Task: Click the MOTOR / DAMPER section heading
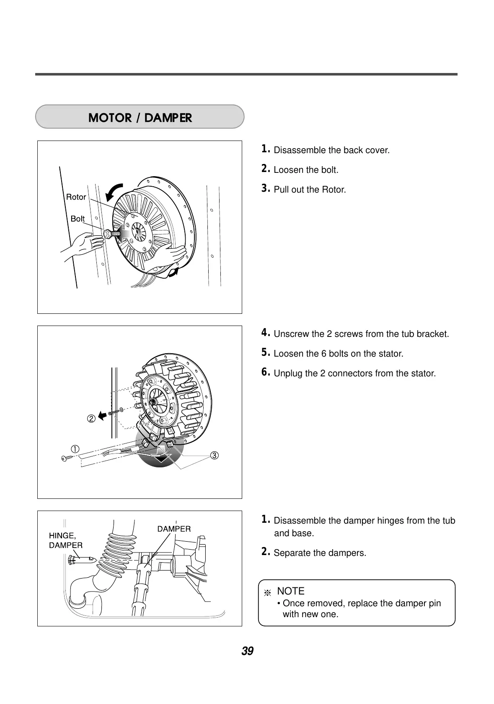click(140, 118)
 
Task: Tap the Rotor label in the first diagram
click(76, 197)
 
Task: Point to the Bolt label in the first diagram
click(78, 219)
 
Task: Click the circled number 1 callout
click(75, 449)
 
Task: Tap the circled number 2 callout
click(91, 418)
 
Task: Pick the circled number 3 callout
click(214, 455)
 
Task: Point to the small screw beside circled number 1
click(66, 459)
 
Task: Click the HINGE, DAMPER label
click(66, 540)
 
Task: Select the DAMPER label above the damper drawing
click(174, 529)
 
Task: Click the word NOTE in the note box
click(290, 591)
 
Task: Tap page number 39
click(247, 651)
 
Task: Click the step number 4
click(265, 333)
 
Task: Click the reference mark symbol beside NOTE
click(267, 593)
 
